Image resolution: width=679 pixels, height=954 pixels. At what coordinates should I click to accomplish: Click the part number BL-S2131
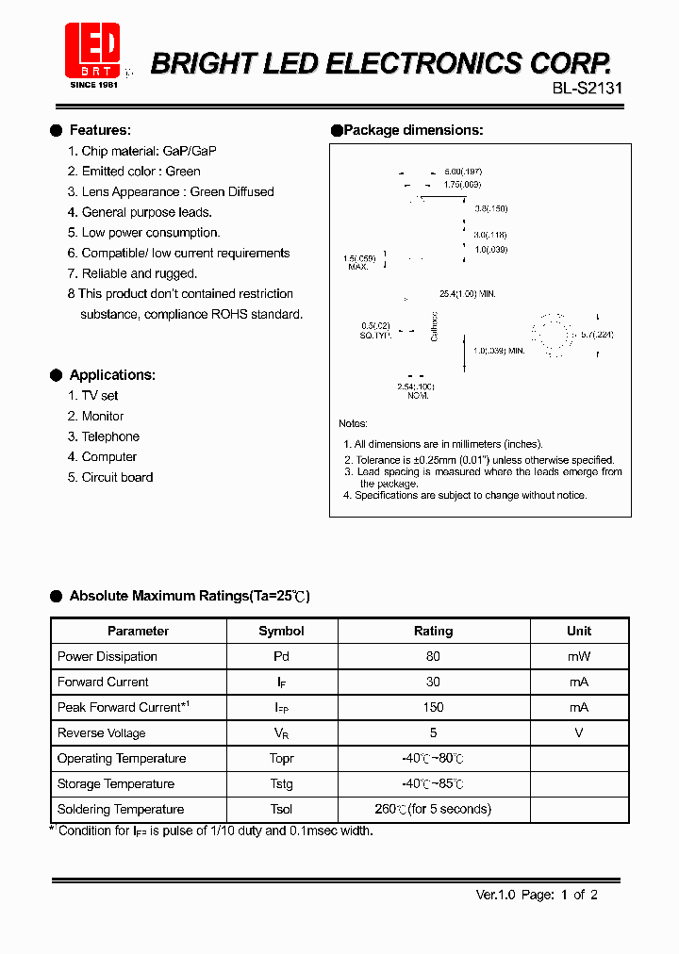pos(587,89)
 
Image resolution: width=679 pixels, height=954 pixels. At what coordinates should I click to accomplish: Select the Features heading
pos(100,130)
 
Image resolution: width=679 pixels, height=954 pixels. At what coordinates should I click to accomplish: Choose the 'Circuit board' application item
pos(117,477)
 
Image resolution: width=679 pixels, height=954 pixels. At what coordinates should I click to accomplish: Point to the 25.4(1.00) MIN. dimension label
pos(467,294)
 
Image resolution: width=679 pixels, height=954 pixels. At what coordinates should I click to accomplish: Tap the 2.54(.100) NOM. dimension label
pos(416,391)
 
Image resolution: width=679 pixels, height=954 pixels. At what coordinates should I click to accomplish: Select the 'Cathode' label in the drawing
pos(435,325)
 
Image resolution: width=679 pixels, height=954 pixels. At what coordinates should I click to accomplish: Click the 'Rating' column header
pos(433,631)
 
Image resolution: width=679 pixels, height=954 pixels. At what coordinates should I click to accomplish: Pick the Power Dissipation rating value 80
pos(433,656)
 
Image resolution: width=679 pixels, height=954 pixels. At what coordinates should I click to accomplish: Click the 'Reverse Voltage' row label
pos(101,732)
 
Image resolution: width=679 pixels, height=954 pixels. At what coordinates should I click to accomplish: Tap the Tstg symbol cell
pos(281,783)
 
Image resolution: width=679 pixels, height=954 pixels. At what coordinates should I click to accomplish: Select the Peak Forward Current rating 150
pos(433,707)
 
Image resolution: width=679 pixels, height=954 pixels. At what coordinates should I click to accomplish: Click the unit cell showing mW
pos(579,656)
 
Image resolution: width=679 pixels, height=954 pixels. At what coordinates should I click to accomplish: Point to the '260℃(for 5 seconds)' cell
pos(433,809)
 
